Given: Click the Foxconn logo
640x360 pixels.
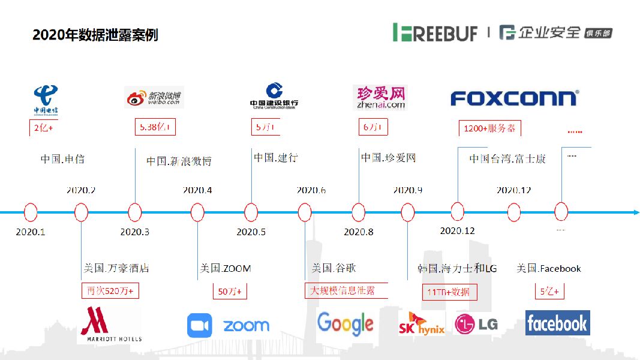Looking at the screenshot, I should pos(514,98).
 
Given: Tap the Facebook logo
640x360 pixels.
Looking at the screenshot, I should pos(557,323).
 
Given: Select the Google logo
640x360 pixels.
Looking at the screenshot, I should pos(345,324).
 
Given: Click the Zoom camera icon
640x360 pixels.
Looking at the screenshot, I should pos(200,326).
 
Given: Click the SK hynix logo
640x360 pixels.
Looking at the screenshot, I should pos(421,323).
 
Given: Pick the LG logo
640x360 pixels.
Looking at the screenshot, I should pos(476,325).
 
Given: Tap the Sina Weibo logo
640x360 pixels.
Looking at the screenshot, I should pos(154,97).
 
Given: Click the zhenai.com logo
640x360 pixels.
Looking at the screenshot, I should pos(381,97).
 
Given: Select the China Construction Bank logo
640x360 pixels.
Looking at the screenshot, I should pos(274,96).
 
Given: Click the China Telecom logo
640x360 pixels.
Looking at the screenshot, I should pos(46,100).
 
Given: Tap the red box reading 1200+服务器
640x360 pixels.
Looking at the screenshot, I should pos(489,128).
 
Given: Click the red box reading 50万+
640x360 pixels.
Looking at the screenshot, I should pos(230,291).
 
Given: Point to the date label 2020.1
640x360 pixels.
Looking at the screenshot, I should pos(31,232).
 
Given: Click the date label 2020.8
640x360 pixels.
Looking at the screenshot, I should pos(359,232).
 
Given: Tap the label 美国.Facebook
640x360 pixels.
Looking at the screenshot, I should pos(549,269).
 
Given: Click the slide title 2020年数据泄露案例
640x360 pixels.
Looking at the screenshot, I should pos(95,35).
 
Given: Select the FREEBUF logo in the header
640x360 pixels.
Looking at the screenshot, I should pos(435,32).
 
